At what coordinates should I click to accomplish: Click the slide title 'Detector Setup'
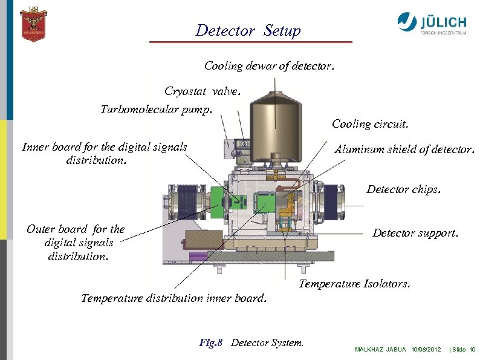(x=248, y=31)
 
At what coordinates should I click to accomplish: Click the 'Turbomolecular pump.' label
(x=157, y=110)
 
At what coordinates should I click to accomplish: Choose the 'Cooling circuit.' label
(x=370, y=124)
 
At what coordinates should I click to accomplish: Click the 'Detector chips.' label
(x=404, y=189)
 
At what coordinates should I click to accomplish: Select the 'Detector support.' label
(x=415, y=233)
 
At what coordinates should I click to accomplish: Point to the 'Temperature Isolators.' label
(x=355, y=283)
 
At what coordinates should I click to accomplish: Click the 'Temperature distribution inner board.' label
(x=174, y=298)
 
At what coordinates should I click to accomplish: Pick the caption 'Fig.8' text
(x=210, y=343)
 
